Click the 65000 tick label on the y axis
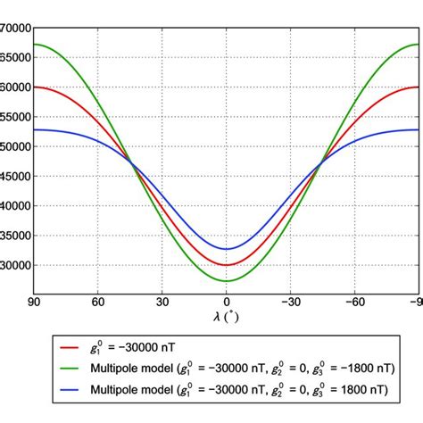tap(16, 57)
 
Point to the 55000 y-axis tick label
tap(16, 117)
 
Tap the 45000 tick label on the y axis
tap(16, 176)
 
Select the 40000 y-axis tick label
tap(16, 205)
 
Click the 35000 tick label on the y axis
tap(16, 236)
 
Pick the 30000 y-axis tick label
tap(16, 265)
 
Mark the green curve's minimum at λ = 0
tap(227, 281)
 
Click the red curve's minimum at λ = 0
tap(227, 265)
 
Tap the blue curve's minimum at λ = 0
tap(227, 249)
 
